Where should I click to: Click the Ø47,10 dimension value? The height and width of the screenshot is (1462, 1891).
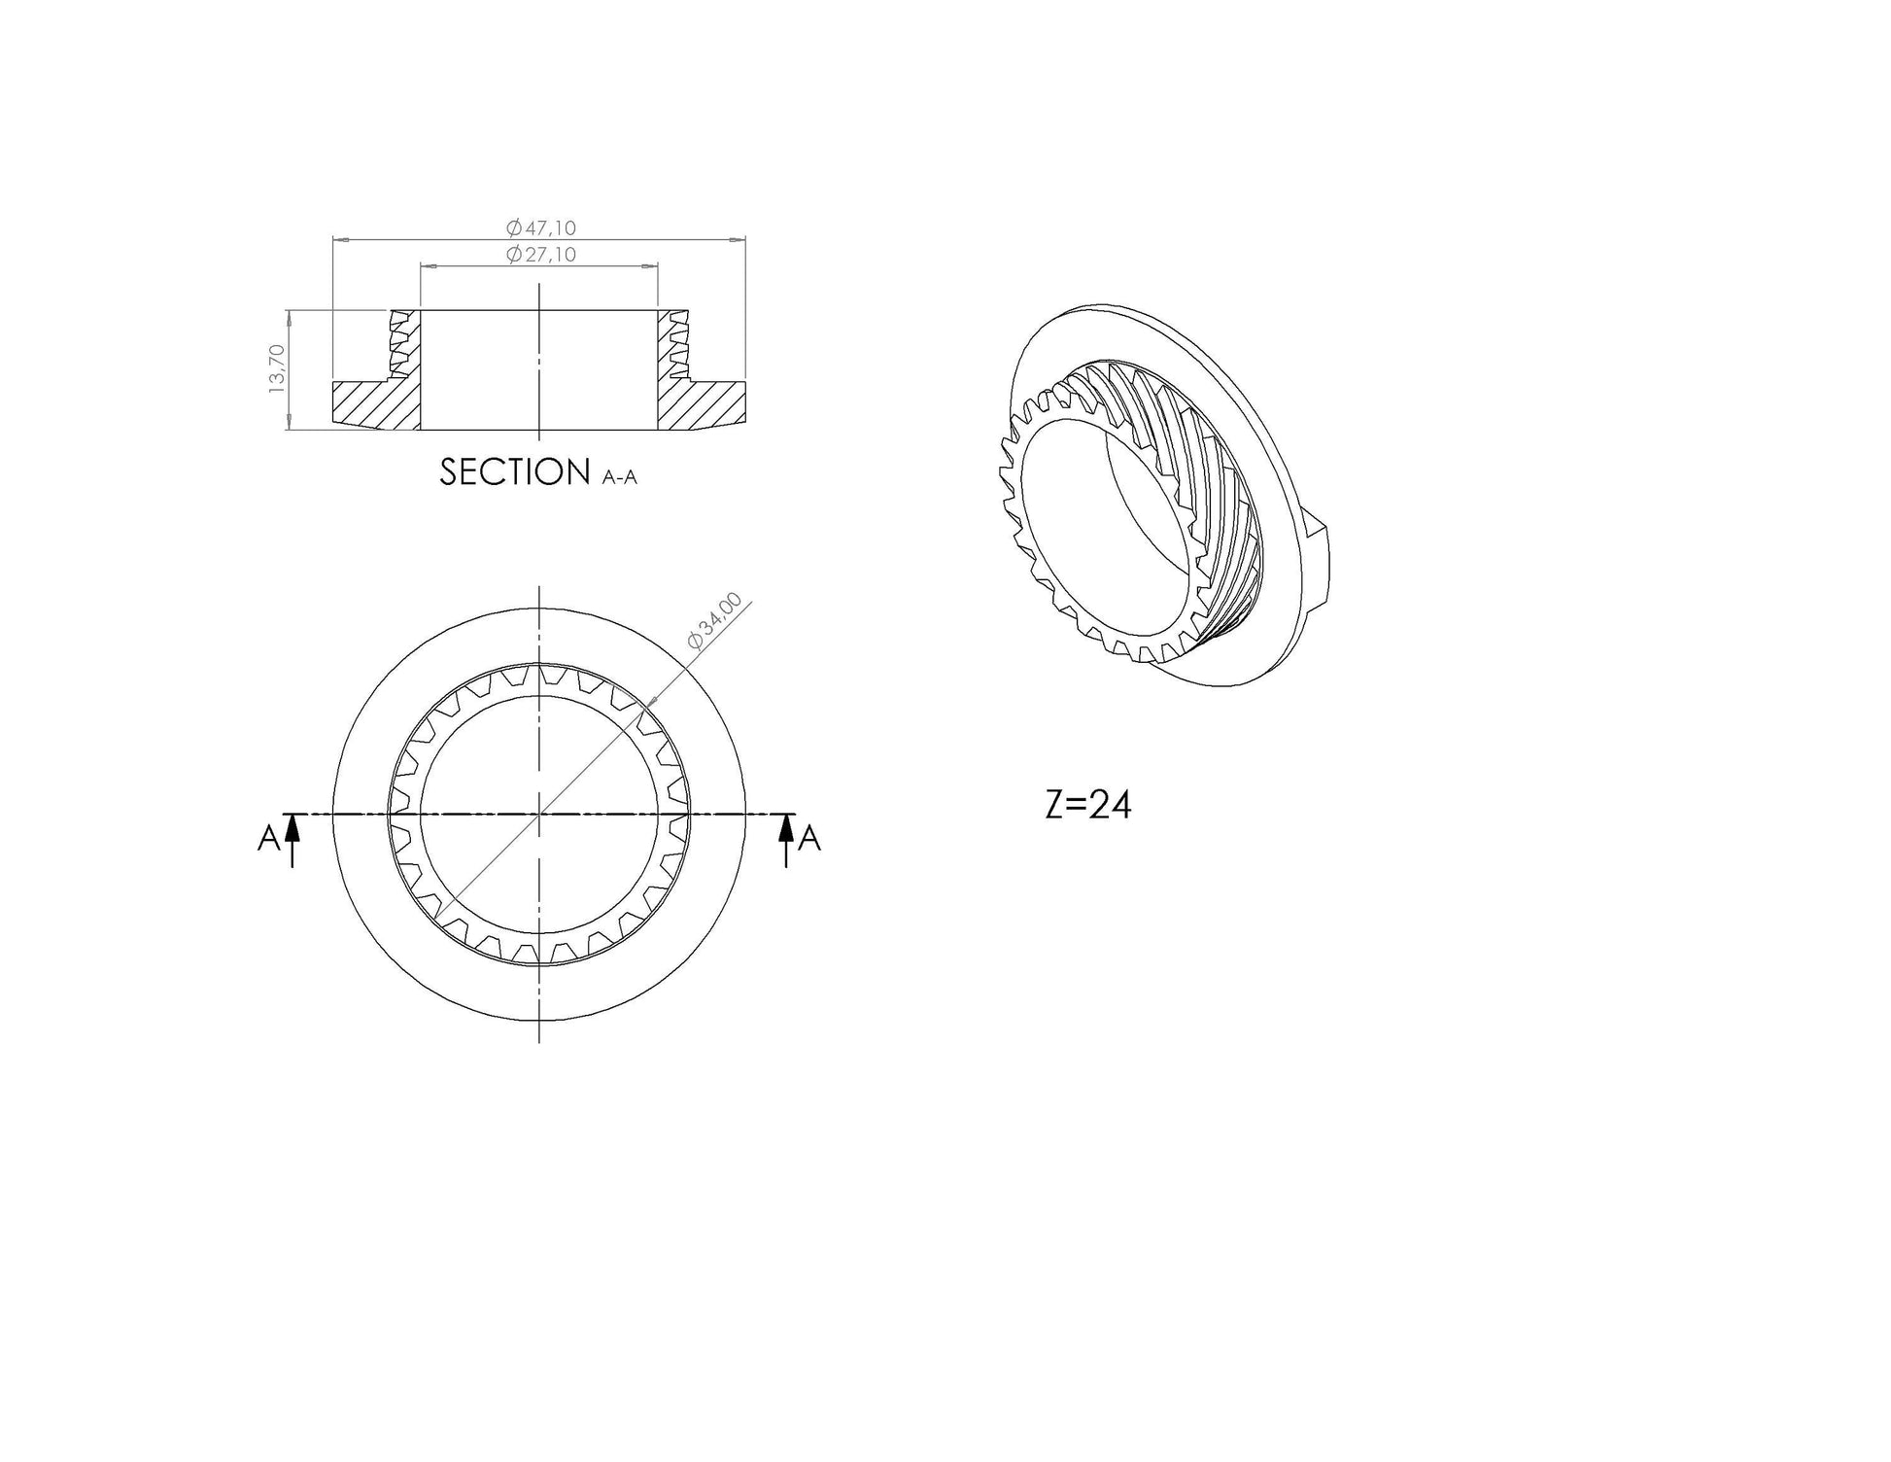(x=541, y=227)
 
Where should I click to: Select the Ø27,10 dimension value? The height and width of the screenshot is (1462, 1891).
(x=541, y=255)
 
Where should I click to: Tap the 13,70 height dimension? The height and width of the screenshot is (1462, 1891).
(x=277, y=368)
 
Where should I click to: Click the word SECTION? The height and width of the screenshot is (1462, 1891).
(x=515, y=472)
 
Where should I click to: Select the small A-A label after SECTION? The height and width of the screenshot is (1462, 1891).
(x=620, y=477)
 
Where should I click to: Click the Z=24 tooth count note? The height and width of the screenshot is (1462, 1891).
(x=1088, y=805)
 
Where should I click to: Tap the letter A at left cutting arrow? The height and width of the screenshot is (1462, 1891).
(x=268, y=839)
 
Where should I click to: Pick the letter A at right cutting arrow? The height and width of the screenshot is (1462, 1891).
(x=809, y=839)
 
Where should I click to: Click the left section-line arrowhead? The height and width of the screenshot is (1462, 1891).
(x=293, y=827)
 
